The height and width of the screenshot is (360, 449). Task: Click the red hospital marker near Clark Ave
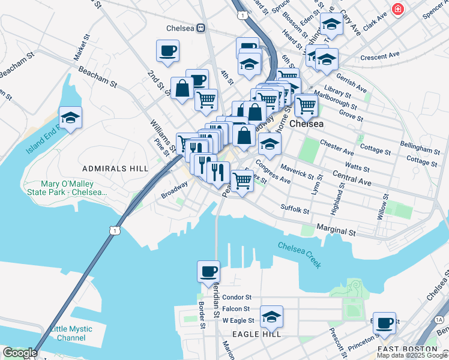(x=397, y=9)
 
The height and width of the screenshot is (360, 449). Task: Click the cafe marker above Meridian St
(x=208, y=271)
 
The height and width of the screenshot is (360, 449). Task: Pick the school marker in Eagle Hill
(x=271, y=316)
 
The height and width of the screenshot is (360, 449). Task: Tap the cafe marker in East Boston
(x=384, y=323)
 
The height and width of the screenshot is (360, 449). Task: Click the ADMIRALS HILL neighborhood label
(x=114, y=169)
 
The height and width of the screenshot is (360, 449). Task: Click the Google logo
(x=20, y=353)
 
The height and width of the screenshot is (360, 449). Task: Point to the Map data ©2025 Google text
(x=412, y=355)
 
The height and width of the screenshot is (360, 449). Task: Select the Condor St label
(x=237, y=297)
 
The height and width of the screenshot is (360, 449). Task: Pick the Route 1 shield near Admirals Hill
(x=115, y=230)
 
